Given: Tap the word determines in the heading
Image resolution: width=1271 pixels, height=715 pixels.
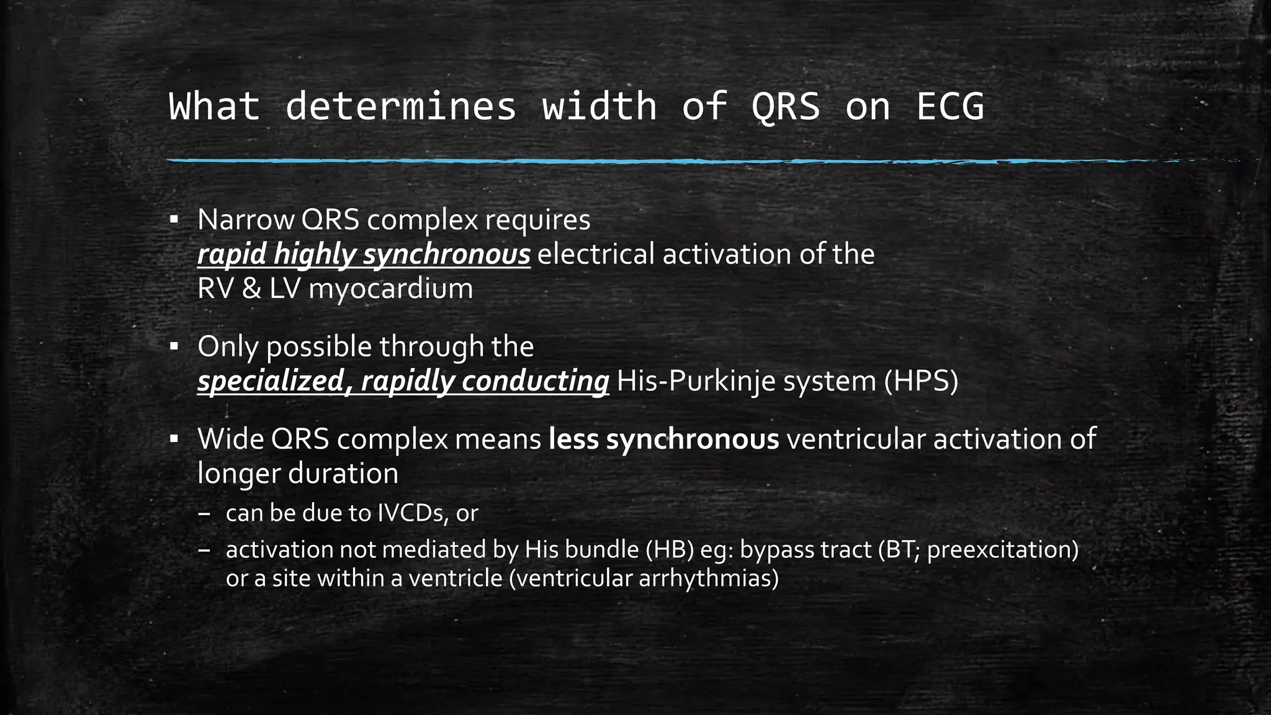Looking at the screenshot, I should [400, 106].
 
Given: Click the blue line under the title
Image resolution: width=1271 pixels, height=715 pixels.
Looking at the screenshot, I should [559, 161].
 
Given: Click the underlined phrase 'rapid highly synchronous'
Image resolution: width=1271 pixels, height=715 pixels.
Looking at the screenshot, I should [364, 254].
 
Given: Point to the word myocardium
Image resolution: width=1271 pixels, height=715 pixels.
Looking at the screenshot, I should [390, 289].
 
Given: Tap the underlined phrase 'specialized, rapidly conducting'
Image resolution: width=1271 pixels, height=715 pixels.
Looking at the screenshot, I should [403, 381].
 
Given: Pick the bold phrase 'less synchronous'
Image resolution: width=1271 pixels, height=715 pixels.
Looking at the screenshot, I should [663, 439].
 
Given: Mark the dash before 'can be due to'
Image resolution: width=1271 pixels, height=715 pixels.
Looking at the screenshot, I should [205, 514].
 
